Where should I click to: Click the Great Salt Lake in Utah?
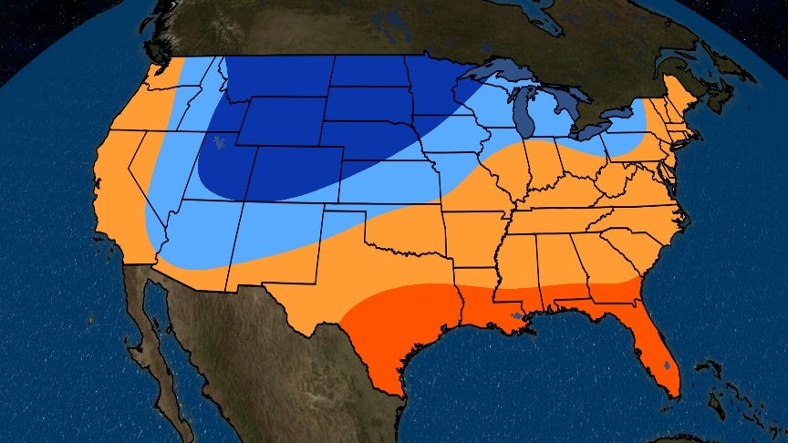point(218,141)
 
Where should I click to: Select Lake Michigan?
point(523,117)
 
